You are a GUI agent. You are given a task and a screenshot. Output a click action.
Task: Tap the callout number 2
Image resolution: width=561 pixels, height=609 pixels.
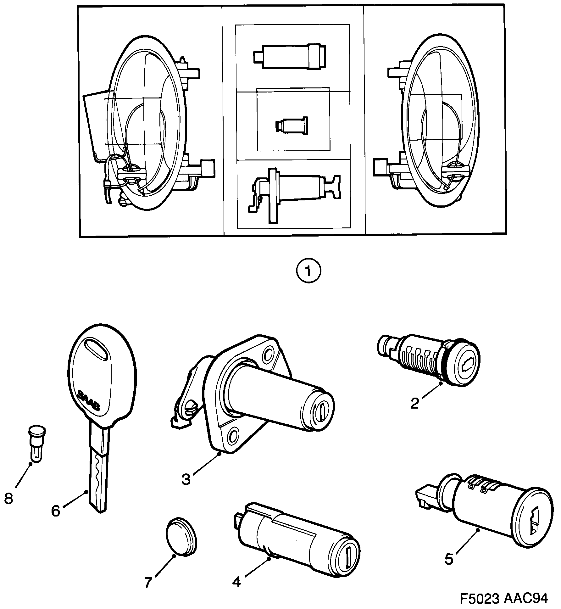415,403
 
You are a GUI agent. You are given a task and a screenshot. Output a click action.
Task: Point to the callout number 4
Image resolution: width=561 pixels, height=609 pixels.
236,582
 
